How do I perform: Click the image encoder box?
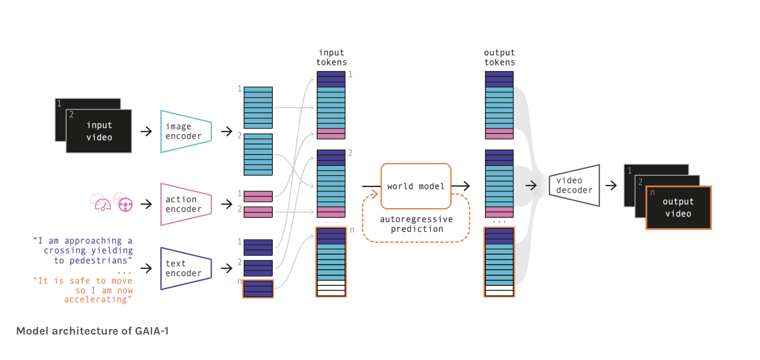pos(186,131)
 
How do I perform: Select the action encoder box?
pos(186,204)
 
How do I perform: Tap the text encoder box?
pos(186,268)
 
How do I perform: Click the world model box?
pos(416,186)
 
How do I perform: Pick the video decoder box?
pos(574,185)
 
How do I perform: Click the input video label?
pos(99,131)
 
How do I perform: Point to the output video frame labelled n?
pos(678,208)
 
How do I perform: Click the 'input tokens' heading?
pos(332,58)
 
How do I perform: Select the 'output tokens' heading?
pos(499,58)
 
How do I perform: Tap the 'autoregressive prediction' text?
pos(416,224)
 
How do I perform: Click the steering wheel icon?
pos(125,205)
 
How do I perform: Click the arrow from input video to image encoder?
pos(146,131)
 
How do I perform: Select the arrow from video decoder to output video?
pos(611,186)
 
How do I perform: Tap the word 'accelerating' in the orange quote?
pos(96,299)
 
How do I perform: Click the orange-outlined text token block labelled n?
pos(258,289)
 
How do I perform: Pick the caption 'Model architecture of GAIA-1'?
pos(92,331)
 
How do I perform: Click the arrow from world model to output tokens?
pos(461,186)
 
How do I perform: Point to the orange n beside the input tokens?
pos(352,230)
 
